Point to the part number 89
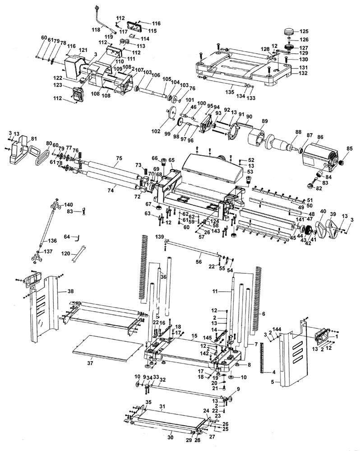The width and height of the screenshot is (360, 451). (x=265, y=121)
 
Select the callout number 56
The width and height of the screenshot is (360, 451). (x=198, y=262)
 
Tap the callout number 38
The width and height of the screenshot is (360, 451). (x=70, y=291)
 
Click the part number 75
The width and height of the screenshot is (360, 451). (x=119, y=158)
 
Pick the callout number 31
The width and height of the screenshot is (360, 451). (x=163, y=406)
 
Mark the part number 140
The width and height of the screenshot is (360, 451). (x=69, y=204)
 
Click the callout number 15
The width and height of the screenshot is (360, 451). (x=194, y=336)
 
